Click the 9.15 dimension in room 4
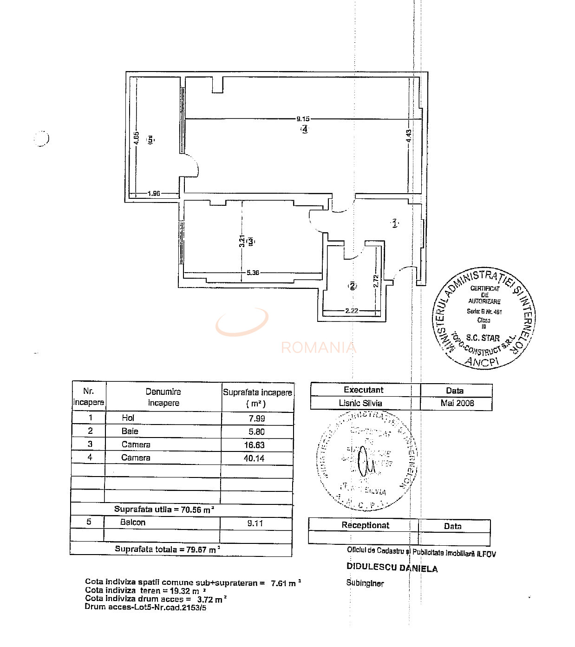(303, 119)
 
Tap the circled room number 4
(304, 130)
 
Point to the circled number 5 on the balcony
(150, 139)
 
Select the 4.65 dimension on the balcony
(136, 138)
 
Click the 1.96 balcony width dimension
(153, 193)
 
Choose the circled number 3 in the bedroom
(251, 242)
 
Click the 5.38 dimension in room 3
(253, 273)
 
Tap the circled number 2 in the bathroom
(353, 286)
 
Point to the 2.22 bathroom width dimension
(352, 311)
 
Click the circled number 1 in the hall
(394, 223)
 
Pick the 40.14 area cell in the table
(255, 458)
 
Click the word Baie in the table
(130, 431)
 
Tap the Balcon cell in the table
(133, 522)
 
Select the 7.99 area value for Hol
(257, 418)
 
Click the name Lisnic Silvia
(360, 403)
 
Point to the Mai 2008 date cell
(457, 403)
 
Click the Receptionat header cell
(366, 525)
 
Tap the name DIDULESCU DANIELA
(392, 568)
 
